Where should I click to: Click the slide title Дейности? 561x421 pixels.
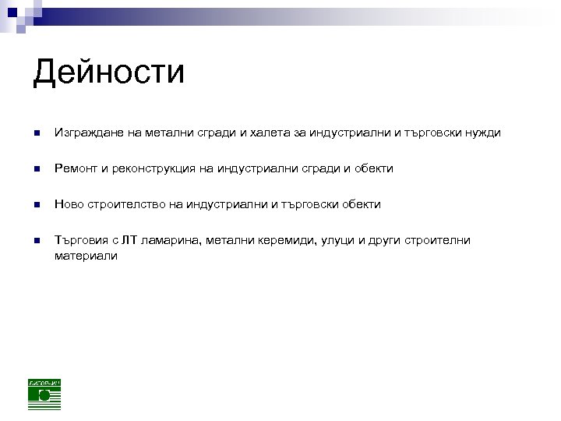[x=109, y=73]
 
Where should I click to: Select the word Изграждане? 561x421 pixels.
[x=84, y=133]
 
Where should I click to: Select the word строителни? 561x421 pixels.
[x=434, y=240]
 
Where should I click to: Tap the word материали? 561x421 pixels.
[x=86, y=255]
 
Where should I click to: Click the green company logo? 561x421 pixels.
[x=44, y=394]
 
